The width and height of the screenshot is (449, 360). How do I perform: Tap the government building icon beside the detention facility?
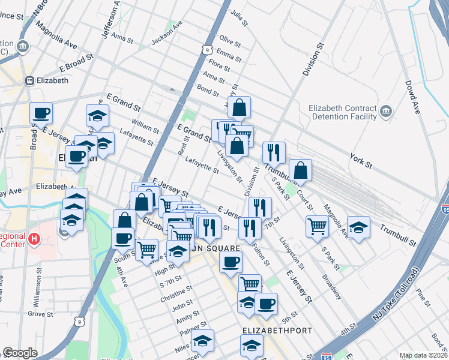[385, 112]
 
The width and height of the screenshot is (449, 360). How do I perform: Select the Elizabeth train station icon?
[29, 80]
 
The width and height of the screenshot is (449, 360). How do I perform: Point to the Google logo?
[20, 353]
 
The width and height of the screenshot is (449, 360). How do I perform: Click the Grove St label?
[41, 313]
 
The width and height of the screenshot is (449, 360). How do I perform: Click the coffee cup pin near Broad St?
[41, 112]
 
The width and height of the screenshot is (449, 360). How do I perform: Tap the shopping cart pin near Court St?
[317, 226]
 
